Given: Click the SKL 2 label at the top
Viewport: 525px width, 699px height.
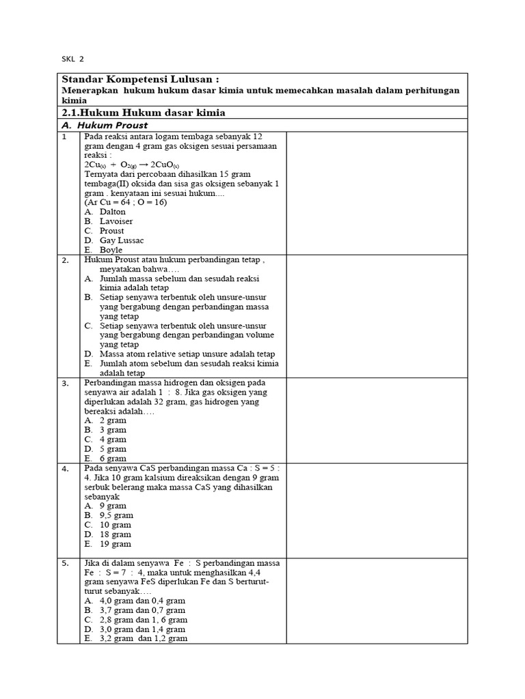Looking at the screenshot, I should point(72,59).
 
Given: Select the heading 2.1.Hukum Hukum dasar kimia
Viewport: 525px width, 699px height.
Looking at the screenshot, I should point(144,112).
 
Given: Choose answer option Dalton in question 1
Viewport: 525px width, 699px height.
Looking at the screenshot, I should point(113,212).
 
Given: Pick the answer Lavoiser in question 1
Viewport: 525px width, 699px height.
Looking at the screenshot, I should point(116,221).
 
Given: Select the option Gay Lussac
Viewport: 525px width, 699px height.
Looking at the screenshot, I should point(122,240).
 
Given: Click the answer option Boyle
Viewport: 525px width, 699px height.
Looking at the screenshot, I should point(111,250).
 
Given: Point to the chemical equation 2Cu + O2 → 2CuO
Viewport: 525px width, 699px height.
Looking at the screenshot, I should point(131,165).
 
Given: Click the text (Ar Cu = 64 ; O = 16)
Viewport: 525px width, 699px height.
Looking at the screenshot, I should point(126,202).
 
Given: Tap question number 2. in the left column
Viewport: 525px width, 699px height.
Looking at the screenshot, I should point(65,261).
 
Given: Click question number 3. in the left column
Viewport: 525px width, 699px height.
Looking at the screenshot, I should point(65,384).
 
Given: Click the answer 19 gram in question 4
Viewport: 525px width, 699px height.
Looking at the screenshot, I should point(115,544).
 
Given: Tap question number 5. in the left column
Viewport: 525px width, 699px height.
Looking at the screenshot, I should point(65,564).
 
